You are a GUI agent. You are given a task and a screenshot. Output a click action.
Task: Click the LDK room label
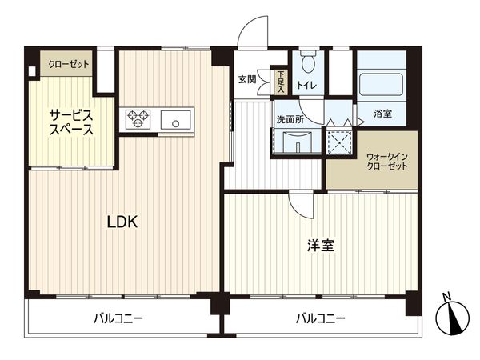click(123, 223)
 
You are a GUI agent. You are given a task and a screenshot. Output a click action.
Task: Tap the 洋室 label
click(321, 246)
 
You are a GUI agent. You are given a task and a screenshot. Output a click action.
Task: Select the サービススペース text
click(71, 121)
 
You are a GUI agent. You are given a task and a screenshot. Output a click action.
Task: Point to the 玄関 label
click(247, 79)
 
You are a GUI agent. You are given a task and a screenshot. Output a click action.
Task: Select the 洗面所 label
click(289, 118)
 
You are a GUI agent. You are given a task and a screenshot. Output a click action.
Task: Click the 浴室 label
click(383, 114)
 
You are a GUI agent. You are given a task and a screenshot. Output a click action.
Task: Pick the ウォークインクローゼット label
click(387, 161)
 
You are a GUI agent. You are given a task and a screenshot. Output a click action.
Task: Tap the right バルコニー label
click(320, 318)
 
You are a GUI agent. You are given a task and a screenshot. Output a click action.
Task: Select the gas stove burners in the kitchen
click(138, 120)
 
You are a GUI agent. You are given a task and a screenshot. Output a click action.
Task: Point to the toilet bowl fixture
click(308, 63)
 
